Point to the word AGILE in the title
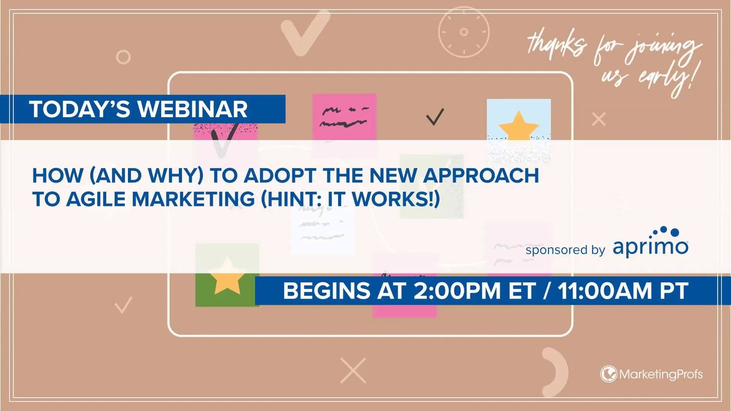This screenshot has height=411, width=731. pos(90,199)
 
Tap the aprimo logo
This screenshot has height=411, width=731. pos(650,243)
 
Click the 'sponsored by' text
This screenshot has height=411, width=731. pos(565,250)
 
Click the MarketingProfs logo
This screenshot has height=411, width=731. pos(651,374)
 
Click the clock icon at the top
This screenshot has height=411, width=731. pos(464,32)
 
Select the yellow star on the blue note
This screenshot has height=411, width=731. pos(518,126)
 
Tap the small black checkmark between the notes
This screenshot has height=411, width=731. pos(434,118)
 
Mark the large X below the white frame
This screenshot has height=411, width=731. pos(353,370)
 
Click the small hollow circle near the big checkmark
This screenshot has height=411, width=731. pos(123,57)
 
